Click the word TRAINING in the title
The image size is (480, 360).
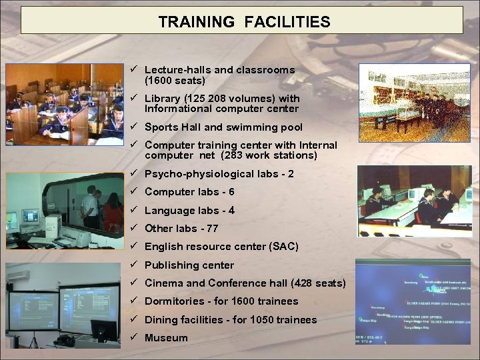(197, 22)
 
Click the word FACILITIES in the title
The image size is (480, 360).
(287, 22)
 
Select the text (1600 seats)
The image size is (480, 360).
(175, 80)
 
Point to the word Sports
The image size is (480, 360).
(161, 127)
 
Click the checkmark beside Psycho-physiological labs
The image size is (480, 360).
(134, 173)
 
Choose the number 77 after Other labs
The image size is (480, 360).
(212, 229)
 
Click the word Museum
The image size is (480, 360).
(166, 338)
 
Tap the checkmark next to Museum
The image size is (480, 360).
(134, 337)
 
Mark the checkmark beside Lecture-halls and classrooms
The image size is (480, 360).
(134, 69)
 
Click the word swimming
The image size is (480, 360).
(247, 127)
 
